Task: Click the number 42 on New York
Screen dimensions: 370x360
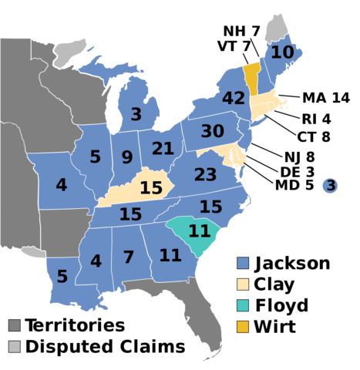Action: coord(233,99)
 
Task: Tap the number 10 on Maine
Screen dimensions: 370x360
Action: coord(282,52)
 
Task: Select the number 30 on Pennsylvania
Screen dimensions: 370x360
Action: coord(212,132)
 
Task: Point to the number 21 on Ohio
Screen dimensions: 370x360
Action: coord(163,149)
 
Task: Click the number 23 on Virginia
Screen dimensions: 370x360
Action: coord(205,175)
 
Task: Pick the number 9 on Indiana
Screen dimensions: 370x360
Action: coord(127,158)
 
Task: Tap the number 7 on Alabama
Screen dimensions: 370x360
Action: coord(129,257)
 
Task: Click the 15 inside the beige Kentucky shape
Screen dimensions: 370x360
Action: coord(150,188)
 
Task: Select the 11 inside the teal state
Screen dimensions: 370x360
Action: coord(199,231)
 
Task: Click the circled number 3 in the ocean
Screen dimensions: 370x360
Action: coord(330,186)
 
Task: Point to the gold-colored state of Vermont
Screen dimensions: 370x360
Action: coord(251,77)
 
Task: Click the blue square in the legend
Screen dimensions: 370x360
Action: coord(243,263)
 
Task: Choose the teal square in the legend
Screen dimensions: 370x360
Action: coord(243,305)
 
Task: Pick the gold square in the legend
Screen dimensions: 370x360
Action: coord(243,326)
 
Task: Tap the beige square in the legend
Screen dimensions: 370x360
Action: coord(243,284)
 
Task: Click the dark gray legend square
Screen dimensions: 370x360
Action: coord(15,325)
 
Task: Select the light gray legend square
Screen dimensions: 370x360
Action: coord(15,346)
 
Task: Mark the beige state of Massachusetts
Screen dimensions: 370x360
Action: coord(264,103)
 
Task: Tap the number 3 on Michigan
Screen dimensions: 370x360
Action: coord(136,115)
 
